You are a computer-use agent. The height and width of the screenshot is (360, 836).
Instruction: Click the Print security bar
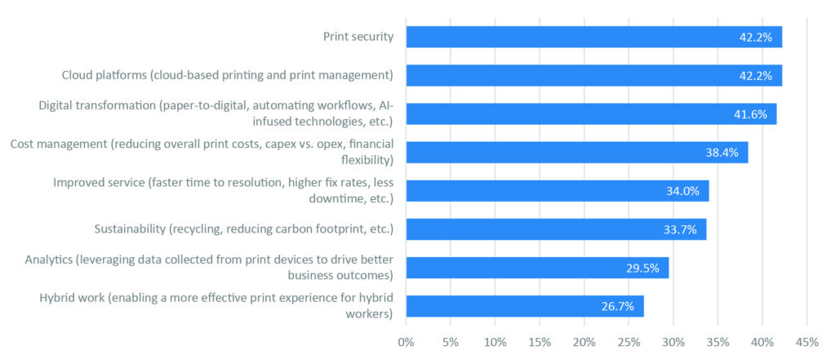(x=571, y=37)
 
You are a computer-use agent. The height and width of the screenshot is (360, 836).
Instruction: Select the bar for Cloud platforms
(x=571, y=75)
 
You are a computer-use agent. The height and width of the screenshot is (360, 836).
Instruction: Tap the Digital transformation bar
(x=571, y=113)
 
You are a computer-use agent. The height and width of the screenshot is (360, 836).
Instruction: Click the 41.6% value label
(x=750, y=114)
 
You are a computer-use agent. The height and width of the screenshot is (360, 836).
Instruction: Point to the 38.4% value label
(x=722, y=153)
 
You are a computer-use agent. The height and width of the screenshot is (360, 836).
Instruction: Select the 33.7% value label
(x=680, y=229)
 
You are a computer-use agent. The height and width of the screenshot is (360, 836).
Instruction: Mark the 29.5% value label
(x=643, y=268)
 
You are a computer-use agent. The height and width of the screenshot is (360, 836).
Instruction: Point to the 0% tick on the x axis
(x=406, y=342)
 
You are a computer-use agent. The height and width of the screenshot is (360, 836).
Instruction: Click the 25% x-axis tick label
(x=629, y=342)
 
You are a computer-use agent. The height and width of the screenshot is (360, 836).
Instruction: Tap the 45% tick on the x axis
(x=807, y=342)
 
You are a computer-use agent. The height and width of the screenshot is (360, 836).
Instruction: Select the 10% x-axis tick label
(x=495, y=342)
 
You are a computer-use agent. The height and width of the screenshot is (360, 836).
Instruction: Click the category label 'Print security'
(x=358, y=37)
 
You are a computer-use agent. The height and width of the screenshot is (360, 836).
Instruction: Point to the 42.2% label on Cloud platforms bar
(x=756, y=75)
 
